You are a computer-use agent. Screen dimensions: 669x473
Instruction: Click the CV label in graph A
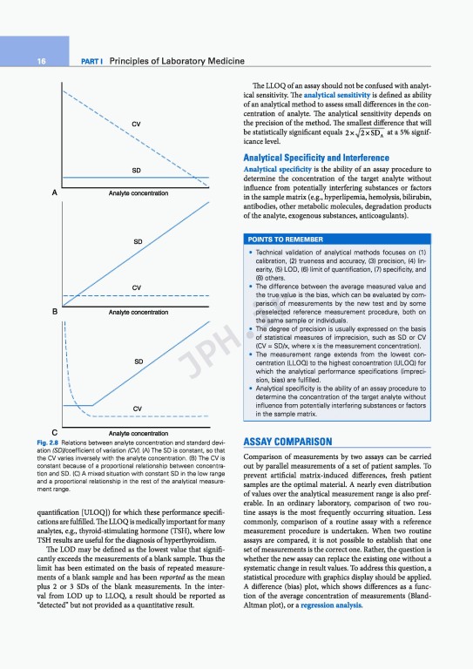point(137,124)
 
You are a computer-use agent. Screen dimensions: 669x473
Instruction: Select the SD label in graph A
point(137,170)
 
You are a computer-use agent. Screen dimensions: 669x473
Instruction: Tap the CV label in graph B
point(137,287)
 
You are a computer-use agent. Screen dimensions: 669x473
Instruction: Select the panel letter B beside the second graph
point(55,311)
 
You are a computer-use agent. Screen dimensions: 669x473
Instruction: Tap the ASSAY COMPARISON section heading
point(288,442)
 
